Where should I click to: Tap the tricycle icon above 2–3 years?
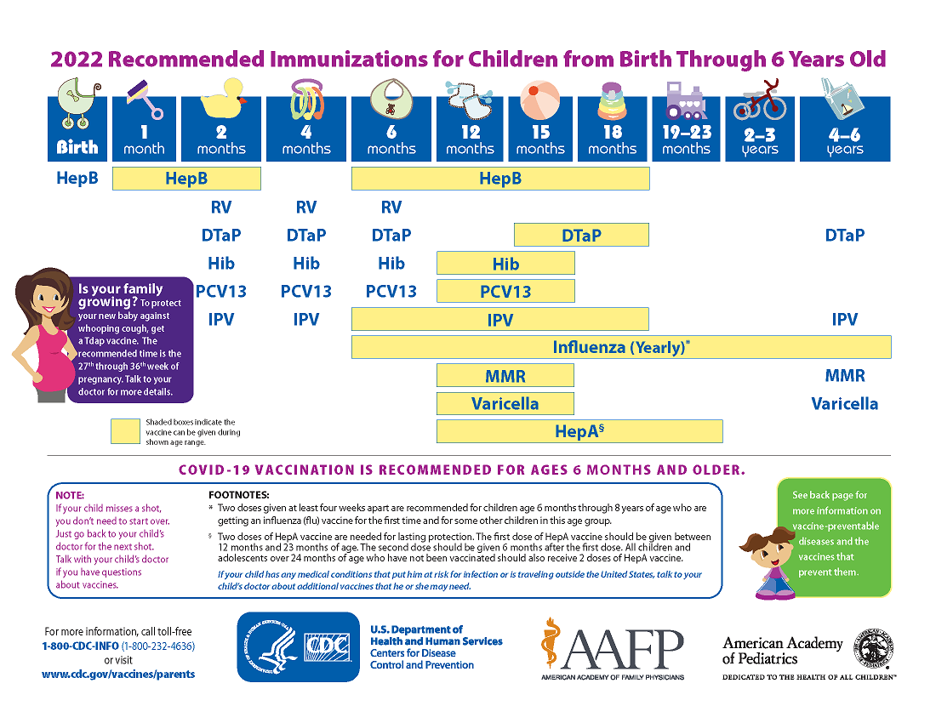[760, 100]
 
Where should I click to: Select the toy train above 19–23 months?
[686, 102]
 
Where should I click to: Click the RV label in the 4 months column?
[306, 207]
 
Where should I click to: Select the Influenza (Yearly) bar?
[621, 347]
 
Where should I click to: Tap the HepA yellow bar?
[579, 431]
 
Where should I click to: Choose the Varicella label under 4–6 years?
[844, 403]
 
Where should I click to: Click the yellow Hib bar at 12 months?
[505, 264]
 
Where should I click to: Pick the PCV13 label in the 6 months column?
[391, 291]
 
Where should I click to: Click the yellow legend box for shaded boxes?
[124, 431]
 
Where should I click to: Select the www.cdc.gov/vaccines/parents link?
[118, 674]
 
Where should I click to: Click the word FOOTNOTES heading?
[239, 495]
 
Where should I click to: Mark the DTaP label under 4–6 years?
[844, 235]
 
